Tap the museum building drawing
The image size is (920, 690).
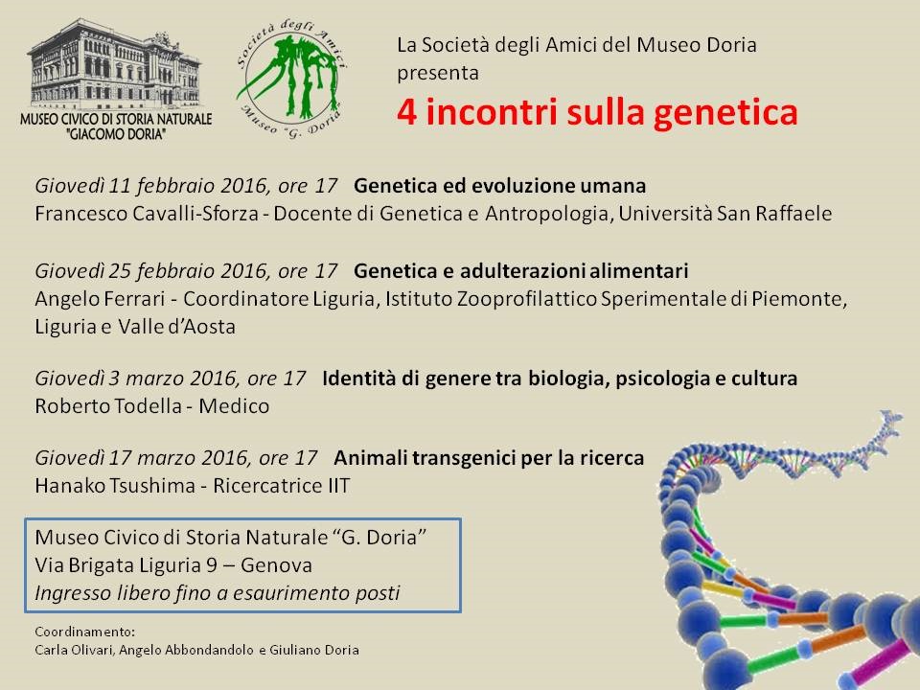[x=115, y=64]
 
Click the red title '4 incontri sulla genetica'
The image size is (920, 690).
[x=597, y=112]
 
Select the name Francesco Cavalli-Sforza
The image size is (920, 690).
[x=146, y=213]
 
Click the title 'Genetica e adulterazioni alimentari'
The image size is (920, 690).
[x=521, y=270]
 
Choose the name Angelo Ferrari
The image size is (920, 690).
[x=100, y=299]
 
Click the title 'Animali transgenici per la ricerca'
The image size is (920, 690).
[x=489, y=458]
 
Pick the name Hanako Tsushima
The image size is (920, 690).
[x=115, y=486]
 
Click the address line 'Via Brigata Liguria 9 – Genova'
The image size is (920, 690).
[x=173, y=565]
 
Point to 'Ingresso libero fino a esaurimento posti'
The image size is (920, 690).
[x=218, y=593]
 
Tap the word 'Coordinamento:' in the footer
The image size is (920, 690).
[x=84, y=632]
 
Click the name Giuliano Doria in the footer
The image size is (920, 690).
[x=314, y=650]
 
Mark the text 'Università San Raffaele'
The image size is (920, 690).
[x=724, y=213]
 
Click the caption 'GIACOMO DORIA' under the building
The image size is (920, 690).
[x=116, y=134]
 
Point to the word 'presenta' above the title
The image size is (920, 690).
[x=438, y=74]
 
